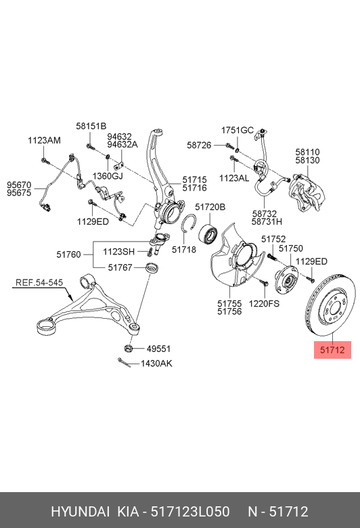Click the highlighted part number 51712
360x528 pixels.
tap(332, 350)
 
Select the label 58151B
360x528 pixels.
tap(91, 126)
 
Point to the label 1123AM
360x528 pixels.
tap(44, 140)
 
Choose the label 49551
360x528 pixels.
tap(159, 349)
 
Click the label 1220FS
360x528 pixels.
tap(265, 304)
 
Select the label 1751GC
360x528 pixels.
tap(237, 129)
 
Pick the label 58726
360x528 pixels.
tap(199, 145)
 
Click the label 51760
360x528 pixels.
tap(69, 255)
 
